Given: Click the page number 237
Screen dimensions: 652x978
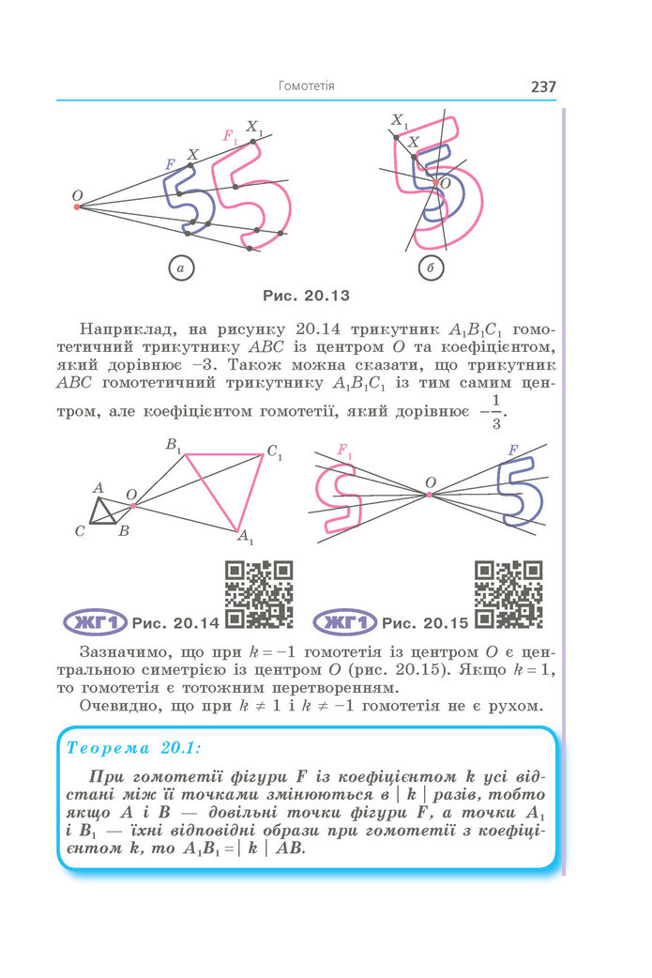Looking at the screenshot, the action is [543, 86].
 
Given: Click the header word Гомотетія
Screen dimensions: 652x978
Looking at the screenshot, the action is [306, 86].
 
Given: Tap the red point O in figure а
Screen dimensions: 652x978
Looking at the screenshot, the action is [77, 206].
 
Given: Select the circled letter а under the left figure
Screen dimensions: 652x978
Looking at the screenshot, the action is [181, 268].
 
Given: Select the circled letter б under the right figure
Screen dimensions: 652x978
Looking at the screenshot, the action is [431, 268].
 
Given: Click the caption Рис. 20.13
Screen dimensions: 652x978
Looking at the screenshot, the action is [306, 296].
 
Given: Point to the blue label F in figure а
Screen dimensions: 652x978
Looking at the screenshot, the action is [170, 165].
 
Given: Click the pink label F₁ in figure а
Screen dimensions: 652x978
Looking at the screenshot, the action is [230, 135].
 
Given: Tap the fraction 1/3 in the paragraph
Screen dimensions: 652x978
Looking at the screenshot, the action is [495, 412].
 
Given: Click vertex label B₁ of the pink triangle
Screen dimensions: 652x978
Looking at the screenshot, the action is [173, 445].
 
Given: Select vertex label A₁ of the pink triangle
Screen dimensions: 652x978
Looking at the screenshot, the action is [246, 537].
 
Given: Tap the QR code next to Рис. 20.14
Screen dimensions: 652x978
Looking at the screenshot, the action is [259, 594].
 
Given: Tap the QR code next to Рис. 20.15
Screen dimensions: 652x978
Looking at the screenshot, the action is [508, 594].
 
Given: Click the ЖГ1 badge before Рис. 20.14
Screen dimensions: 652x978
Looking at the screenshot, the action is [96, 622].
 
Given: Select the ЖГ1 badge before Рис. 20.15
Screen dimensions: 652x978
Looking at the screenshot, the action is [344, 622].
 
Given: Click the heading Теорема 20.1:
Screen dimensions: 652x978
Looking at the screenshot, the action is [133, 748].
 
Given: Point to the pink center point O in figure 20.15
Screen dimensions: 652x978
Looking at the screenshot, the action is [429, 495].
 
